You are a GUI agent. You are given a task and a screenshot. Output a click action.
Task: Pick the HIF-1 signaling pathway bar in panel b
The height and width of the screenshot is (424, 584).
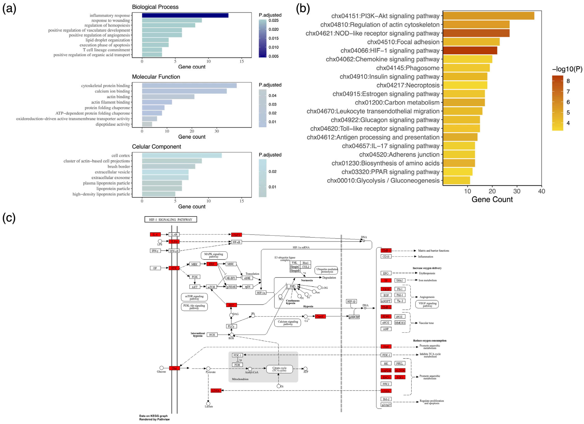(470, 50)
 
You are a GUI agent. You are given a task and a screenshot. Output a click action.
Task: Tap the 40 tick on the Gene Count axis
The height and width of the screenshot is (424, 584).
(541, 191)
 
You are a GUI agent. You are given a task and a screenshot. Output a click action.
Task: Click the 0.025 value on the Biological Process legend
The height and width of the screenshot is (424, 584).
(273, 20)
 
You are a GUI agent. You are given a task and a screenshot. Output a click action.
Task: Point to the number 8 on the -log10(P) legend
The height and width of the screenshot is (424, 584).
(568, 81)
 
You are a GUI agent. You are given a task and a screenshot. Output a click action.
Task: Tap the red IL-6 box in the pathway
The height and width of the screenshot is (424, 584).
(155, 234)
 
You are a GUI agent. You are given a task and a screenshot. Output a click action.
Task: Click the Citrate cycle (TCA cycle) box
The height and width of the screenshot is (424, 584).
(279, 369)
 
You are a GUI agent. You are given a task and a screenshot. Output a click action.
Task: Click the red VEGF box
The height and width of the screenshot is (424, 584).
(386, 289)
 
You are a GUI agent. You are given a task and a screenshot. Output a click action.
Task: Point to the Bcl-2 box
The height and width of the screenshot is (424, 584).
(386, 399)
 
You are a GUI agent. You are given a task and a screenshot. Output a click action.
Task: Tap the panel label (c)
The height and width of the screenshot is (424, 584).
(9, 218)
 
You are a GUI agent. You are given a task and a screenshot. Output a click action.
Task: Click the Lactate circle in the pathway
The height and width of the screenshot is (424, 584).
(208, 403)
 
